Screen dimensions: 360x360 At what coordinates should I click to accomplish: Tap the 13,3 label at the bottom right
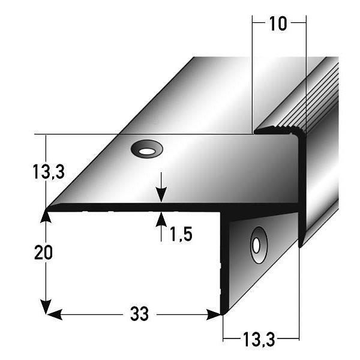tap(260, 340)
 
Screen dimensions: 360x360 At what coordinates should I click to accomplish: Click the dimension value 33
tap(139, 314)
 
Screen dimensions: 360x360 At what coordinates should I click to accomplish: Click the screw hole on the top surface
tap(146, 149)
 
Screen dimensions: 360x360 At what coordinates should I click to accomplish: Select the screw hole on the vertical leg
tap(257, 245)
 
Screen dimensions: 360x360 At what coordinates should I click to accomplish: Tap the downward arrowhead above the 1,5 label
tap(161, 196)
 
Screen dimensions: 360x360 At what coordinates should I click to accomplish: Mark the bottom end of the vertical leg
tap(223, 312)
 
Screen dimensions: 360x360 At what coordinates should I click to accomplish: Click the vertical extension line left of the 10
tap(252, 72)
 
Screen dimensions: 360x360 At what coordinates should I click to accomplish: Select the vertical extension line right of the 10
tap(307, 72)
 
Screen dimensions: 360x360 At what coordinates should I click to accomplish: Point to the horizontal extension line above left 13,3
tap(120, 134)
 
